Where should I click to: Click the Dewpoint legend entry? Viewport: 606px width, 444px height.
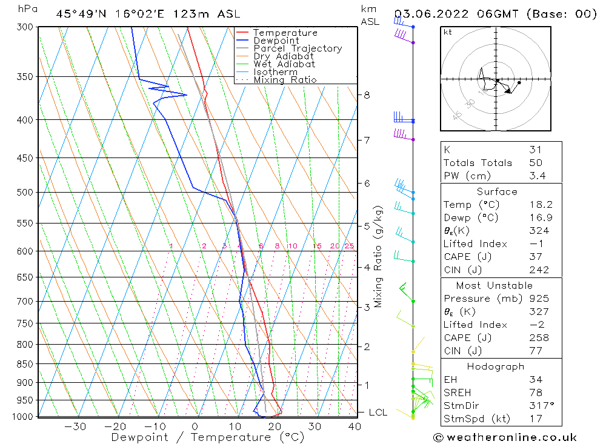(x=276, y=41)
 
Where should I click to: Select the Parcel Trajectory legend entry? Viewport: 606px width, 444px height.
(x=298, y=48)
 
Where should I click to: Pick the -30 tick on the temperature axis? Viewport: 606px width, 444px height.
(x=75, y=426)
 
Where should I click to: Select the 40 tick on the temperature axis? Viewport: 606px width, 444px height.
(x=355, y=426)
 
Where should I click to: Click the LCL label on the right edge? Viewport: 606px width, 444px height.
(x=378, y=413)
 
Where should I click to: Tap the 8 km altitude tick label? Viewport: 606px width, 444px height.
(x=367, y=95)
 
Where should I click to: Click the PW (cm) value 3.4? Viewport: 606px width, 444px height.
(x=537, y=176)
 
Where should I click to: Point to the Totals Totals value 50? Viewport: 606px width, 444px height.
(x=535, y=162)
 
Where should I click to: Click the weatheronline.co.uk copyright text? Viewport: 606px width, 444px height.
(x=505, y=437)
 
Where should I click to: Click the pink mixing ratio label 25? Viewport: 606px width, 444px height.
(x=349, y=246)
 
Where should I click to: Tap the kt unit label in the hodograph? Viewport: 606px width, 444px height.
(x=447, y=32)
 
